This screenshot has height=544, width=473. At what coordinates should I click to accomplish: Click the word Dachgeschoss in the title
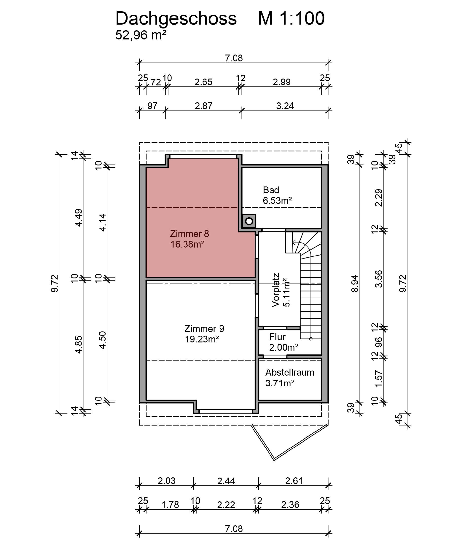point(176,19)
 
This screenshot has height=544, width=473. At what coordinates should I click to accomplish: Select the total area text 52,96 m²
point(141,35)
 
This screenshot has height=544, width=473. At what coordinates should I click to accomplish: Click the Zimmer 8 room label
point(189,234)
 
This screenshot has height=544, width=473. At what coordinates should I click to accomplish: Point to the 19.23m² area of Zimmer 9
point(202,339)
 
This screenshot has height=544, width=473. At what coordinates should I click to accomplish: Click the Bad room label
point(271,190)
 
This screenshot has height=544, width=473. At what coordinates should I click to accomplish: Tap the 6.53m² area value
point(277,200)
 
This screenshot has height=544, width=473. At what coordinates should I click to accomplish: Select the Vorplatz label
point(276,290)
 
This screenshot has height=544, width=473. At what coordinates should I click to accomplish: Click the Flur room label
point(277,337)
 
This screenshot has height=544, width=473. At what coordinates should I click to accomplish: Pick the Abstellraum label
point(289,372)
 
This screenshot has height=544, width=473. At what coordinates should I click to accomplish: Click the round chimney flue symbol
point(249,221)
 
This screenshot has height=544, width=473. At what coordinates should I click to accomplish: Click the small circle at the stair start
point(311,339)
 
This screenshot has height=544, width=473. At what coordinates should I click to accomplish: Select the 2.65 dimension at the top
point(203,82)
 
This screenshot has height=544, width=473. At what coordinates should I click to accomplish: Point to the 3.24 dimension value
point(285,106)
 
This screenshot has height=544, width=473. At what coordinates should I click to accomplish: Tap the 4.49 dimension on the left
point(79,218)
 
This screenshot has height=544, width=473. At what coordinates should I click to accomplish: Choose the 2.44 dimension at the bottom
point(226,481)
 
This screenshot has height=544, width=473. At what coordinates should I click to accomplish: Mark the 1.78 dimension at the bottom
point(170,505)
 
